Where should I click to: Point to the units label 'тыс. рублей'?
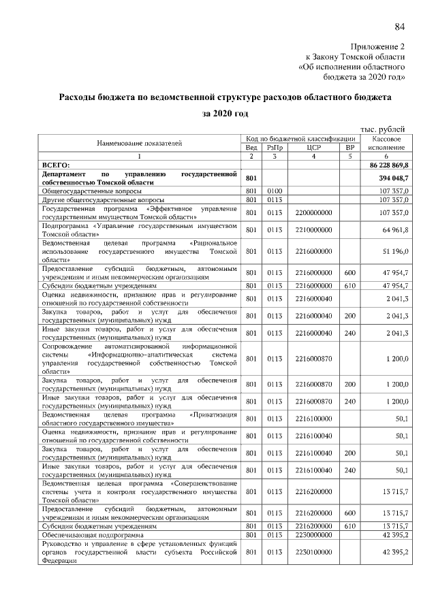384,128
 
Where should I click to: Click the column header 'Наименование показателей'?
140,142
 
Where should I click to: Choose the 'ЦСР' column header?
313,147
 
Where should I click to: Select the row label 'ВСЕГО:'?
56,165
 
